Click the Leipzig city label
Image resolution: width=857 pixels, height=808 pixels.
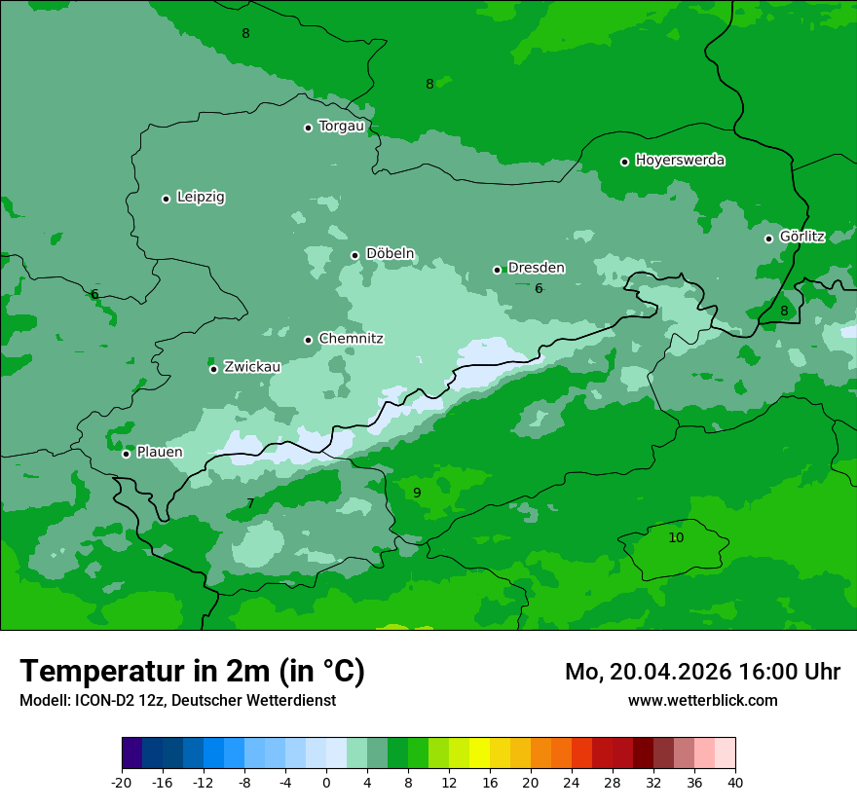tap(201, 197)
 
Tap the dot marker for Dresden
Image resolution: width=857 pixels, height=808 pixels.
tap(497, 270)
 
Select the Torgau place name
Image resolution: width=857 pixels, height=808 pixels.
tap(341, 126)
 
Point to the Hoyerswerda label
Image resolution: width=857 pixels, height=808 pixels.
tap(680, 160)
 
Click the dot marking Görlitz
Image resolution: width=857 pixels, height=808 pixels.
tap(768, 239)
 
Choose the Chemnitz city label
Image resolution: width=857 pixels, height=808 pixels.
tap(351, 339)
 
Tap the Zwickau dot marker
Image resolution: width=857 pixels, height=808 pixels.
tap(213, 369)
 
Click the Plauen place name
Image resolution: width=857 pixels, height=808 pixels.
tap(160, 452)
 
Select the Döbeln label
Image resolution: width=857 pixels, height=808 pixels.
tap(390, 253)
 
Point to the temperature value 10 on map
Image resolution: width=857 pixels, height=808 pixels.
tap(676, 537)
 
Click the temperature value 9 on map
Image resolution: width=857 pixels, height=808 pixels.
tap(417, 493)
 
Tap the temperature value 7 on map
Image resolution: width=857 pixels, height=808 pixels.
tap(250, 503)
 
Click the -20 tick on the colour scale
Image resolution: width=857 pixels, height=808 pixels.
tap(122, 782)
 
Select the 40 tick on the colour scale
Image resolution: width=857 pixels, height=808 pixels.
tap(735, 782)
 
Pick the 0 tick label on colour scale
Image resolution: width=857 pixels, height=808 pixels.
tap(326, 782)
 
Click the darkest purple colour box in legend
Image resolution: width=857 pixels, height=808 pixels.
tap(132, 753)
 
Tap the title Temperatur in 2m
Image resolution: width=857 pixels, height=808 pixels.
tap(192, 671)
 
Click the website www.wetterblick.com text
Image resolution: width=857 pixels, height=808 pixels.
tap(702, 700)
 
